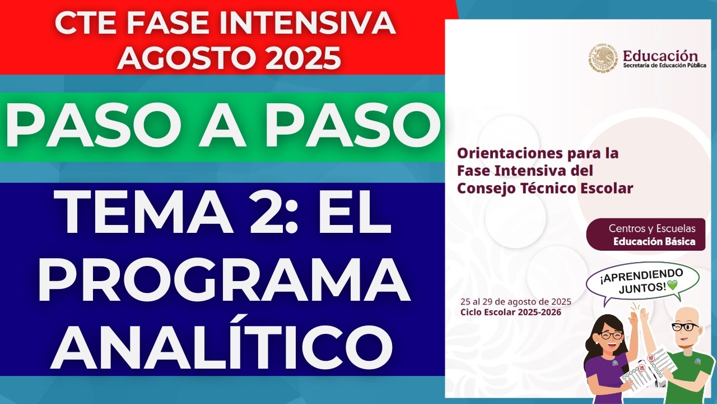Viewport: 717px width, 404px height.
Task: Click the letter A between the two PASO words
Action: point(223,128)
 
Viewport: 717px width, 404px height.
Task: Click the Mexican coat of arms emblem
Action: point(603,59)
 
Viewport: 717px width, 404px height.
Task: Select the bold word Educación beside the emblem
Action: point(660,56)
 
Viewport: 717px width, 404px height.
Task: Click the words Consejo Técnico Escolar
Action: point(545,188)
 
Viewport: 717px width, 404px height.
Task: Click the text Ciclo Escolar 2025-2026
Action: point(510,312)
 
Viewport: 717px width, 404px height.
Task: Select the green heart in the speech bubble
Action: point(672,286)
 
